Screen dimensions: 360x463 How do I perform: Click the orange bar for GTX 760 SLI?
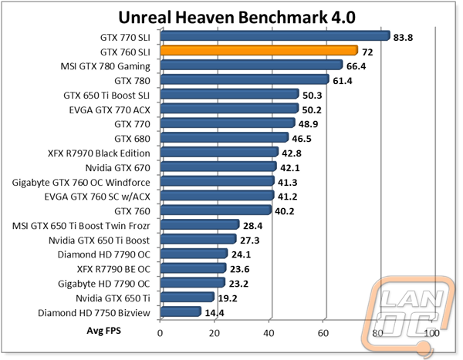click(259, 50)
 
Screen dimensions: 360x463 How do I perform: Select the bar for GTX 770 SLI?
click(275, 35)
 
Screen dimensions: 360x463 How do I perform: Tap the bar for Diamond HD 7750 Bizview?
click(181, 312)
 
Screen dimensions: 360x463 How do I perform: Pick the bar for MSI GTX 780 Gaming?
click(251, 65)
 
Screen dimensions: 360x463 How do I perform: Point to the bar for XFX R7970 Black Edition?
click(219, 152)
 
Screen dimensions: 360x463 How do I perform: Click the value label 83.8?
click(405, 35)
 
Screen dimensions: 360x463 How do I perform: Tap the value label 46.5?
click(302, 138)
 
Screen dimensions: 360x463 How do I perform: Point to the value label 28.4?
click(253, 224)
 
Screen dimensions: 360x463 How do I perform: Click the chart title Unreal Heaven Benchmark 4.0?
click(231, 15)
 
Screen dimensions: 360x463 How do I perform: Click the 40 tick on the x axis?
click(269, 333)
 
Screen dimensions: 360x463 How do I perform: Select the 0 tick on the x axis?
click(161, 333)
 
